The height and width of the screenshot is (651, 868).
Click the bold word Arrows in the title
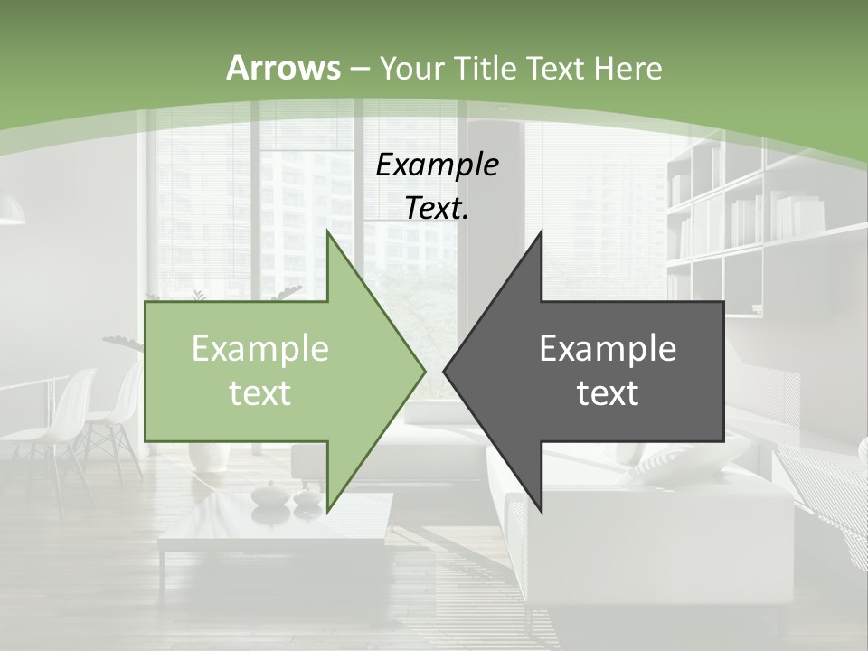(283, 68)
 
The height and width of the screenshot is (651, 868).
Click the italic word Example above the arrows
(437, 165)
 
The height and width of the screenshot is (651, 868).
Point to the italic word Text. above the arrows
(437, 208)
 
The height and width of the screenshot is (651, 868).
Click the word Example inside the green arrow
(259, 348)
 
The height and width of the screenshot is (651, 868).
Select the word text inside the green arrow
(259, 392)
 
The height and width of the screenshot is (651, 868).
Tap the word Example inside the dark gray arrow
(608, 348)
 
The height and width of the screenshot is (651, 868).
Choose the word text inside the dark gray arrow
(608, 392)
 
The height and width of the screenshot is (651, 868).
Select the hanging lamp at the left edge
(11, 212)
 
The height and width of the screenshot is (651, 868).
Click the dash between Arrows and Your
(358, 68)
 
